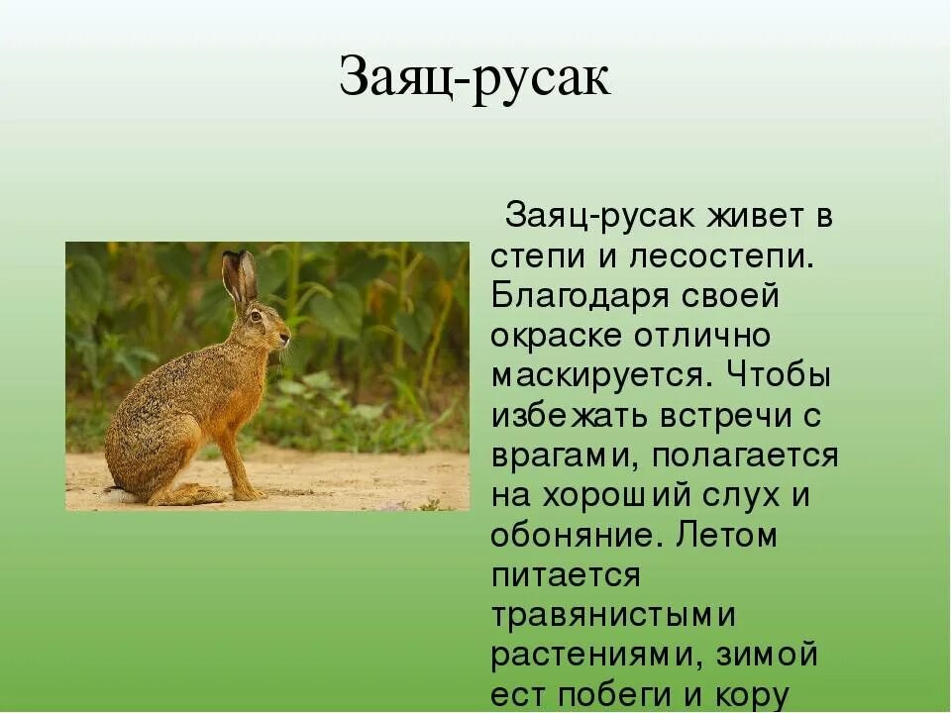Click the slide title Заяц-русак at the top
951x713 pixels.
[475, 78]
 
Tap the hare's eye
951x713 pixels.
[256, 316]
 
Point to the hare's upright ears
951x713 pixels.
[240, 276]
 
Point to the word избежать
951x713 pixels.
[576, 416]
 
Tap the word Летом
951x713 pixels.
[727, 536]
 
